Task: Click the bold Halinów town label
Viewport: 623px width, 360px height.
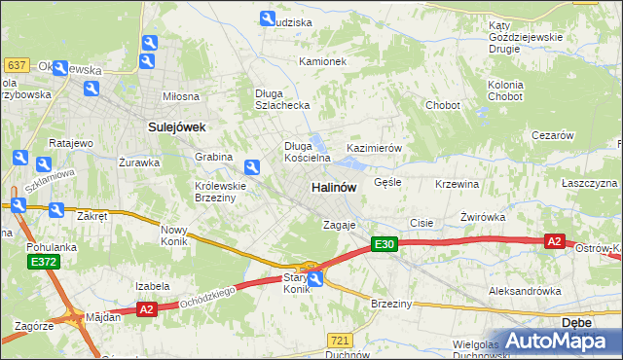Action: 333,187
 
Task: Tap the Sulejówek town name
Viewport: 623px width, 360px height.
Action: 173,126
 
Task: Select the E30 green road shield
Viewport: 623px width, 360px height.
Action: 385,245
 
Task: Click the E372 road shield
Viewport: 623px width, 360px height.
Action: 44,262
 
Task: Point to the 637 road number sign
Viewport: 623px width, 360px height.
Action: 16,65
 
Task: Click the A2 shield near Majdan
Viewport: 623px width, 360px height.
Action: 146,308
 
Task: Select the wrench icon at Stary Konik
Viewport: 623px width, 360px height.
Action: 315,279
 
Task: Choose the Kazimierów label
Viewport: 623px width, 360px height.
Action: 375,148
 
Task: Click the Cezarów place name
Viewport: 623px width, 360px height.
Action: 552,136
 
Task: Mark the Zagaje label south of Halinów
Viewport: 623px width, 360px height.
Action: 341,225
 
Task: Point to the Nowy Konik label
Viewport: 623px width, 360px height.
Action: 179,235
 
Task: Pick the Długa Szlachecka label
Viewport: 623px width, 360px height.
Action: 281,99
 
